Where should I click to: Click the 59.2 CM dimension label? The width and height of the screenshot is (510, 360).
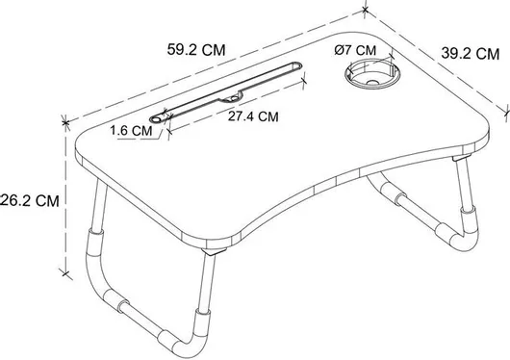tap(196, 50)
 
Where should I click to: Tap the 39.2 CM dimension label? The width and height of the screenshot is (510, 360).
tap(471, 53)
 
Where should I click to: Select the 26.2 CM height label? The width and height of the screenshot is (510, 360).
tap(30, 200)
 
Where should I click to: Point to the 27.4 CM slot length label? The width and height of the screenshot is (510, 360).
tap(253, 116)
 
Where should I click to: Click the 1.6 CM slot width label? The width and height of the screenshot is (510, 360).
tap(132, 131)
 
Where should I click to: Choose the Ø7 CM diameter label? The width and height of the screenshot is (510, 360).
tap(355, 50)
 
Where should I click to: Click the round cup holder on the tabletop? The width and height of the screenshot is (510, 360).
tap(372, 74)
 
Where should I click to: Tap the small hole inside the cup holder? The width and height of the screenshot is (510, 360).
tap(372, 83)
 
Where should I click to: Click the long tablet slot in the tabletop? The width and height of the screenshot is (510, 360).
tap(226, 92)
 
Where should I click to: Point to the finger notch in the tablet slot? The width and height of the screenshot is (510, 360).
tap(232, 97)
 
